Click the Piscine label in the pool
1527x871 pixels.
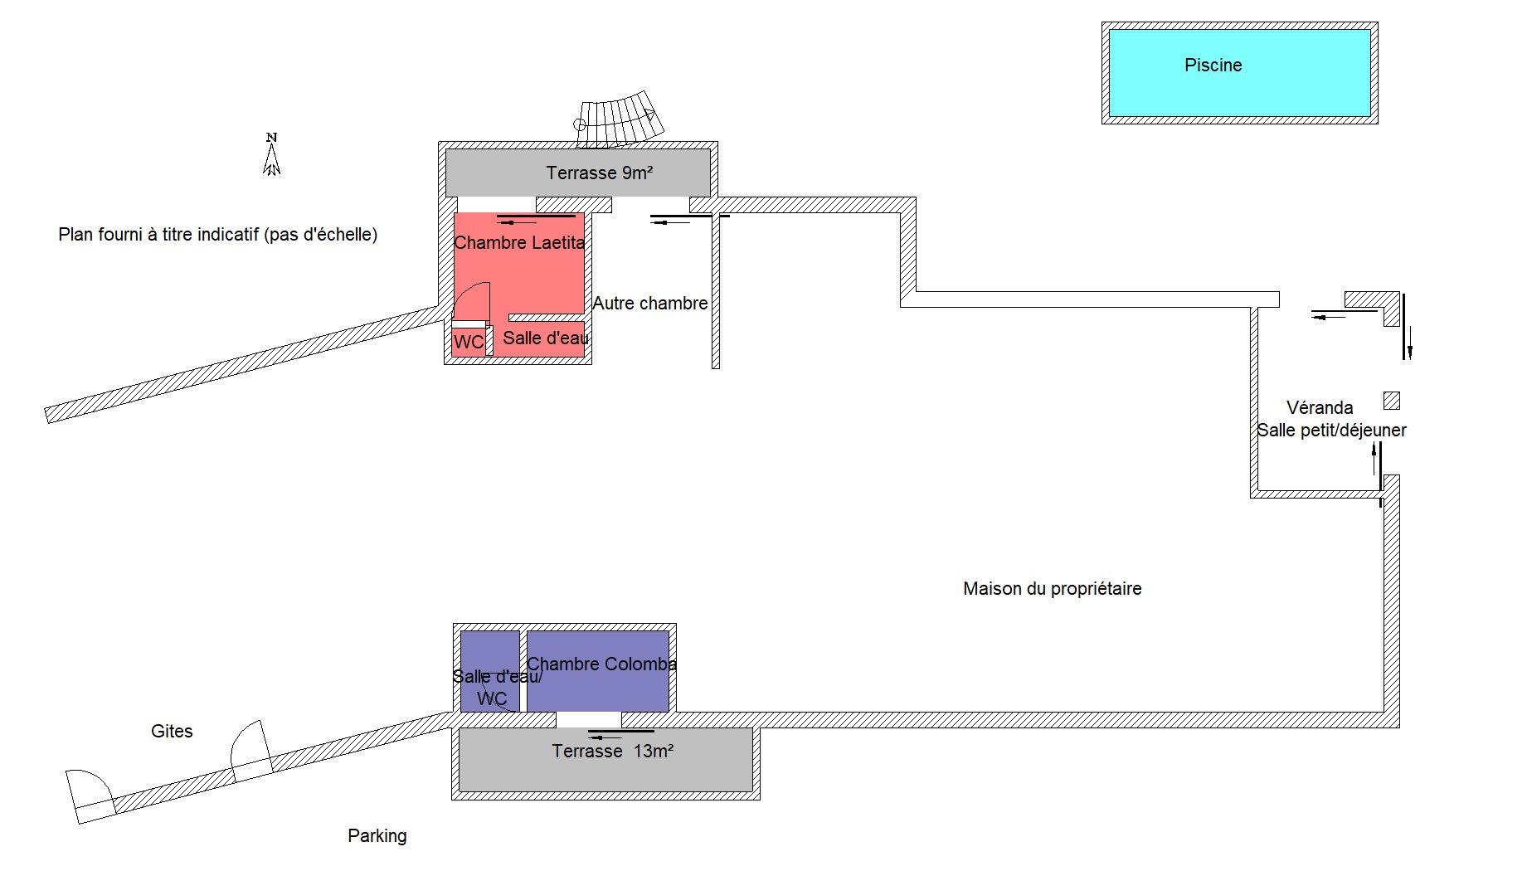coord(1213,65)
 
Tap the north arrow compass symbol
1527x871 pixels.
coord(271,154)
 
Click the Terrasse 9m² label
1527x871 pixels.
coord(599,173)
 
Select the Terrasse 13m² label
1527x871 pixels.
coord(612,751)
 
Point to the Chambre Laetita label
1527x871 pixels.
coord(519,242)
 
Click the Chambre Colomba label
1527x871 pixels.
coord(601,664)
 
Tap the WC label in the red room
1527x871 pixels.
coord(469,342)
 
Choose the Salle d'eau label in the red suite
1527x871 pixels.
coord(545,338)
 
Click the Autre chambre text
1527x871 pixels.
coord(650,303)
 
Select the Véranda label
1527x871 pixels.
coord(1320,407)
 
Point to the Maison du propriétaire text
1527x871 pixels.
coord(1052,588)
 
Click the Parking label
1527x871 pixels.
coord(377,835)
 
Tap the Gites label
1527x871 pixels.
coord(172,731)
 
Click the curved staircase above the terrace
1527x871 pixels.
coord(620,119)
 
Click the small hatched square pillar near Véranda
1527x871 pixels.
coord(1392,401)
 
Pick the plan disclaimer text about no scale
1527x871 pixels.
coord(217,234)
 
